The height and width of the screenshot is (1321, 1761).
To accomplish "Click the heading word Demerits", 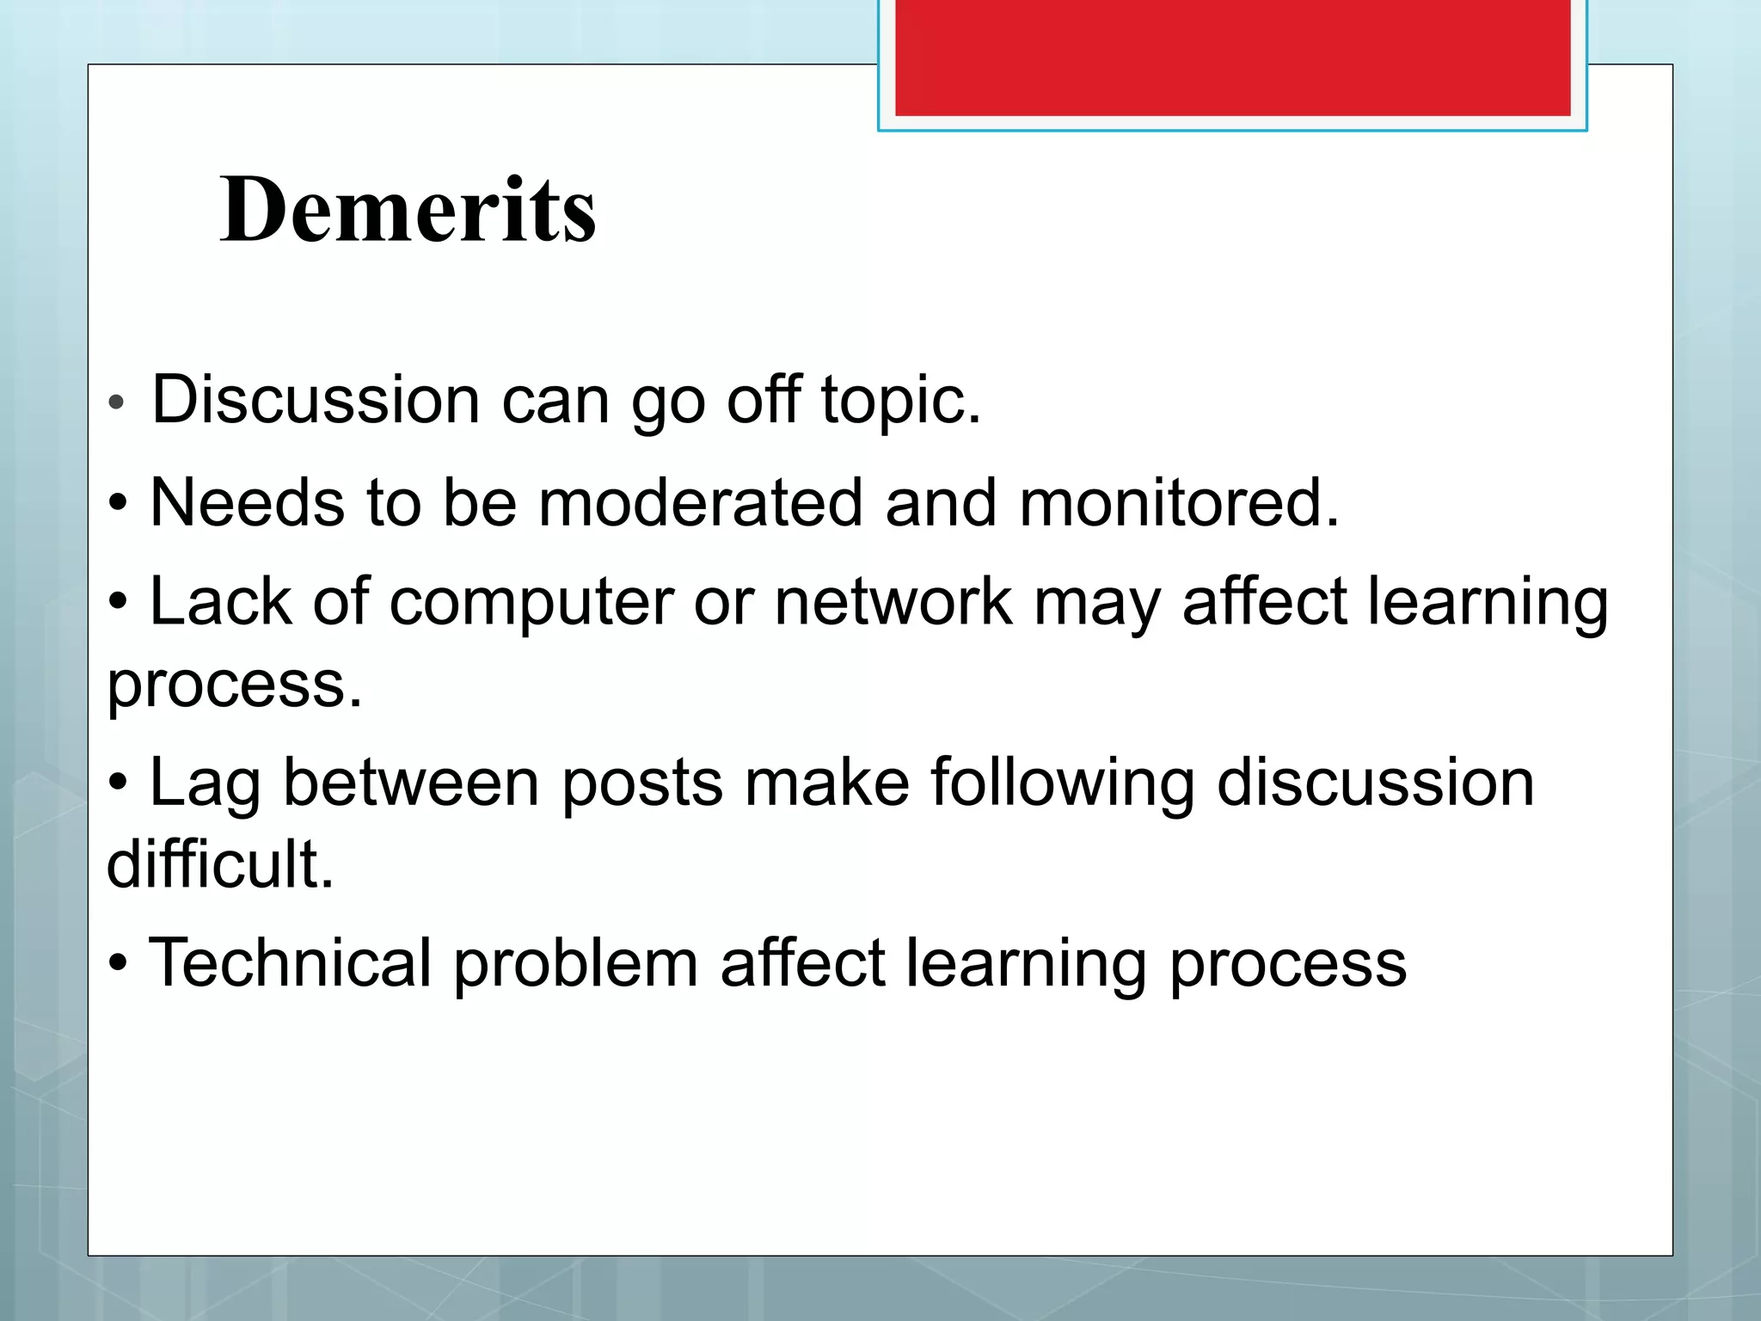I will click(408, 210).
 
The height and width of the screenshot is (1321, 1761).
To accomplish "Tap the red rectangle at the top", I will click(1232, 57).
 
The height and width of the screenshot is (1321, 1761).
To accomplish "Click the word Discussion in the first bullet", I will click(316, 400).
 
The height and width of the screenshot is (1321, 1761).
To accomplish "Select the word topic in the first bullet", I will click(900, 402).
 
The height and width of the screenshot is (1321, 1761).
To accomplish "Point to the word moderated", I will click(700, 502).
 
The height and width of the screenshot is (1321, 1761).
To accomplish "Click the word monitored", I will click(1179, 502).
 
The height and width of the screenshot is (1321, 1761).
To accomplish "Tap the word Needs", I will click(248, 502).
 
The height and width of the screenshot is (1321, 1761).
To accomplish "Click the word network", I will click(893, 602).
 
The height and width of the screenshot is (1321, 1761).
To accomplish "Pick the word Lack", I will click(220, 602).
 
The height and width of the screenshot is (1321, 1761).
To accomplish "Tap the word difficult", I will click(219, 864).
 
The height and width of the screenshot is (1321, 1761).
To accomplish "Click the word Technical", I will click(290, 963).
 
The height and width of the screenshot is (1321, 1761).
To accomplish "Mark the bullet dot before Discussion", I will click(117, 402).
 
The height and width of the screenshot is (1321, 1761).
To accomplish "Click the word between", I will click(411, 783).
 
